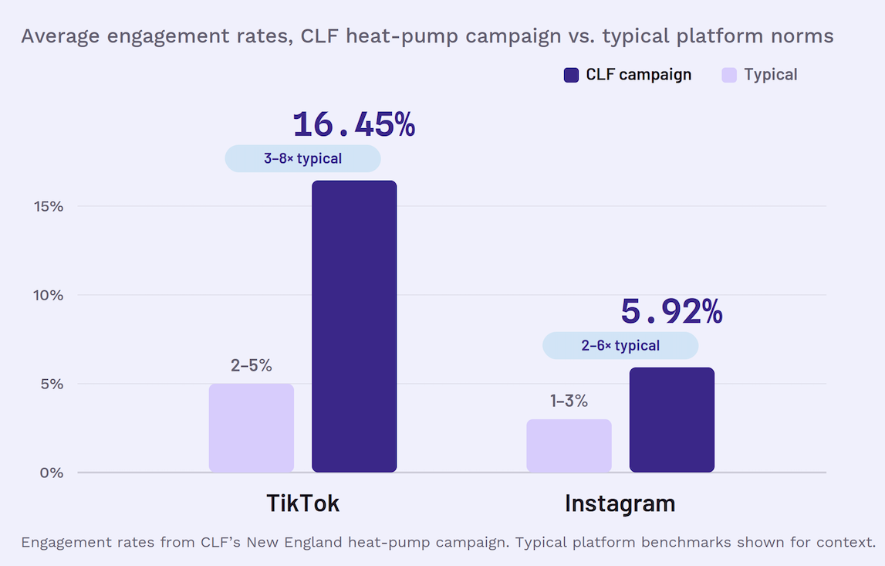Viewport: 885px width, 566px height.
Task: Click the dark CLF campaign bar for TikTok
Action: coord(354,327)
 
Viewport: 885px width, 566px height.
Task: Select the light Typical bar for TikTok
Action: coord(252,429)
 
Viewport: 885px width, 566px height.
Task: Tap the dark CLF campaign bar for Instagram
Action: coord(671,420)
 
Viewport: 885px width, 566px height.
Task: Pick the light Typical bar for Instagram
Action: coord(569,446)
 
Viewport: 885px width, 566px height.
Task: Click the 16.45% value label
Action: coord(354,124)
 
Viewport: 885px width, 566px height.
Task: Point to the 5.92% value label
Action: coord(671,311)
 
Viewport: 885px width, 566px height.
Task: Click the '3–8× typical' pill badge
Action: coord(302,159)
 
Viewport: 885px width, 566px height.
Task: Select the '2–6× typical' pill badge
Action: coord(620,346)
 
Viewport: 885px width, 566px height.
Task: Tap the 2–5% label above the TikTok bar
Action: coord(252,365)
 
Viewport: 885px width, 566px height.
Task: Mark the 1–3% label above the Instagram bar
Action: coord(569,401)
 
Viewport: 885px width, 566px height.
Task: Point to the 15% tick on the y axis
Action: coord(49,206)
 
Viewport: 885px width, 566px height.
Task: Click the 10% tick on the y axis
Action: coord(49,295)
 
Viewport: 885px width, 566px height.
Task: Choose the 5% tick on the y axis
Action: coord(52,384)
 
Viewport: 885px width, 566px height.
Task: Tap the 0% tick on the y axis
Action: coord(52,473)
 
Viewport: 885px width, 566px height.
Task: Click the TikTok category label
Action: coord(303,503)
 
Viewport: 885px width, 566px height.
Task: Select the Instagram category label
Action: coord(620,504)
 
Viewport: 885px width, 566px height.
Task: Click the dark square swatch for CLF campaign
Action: coord(571,75)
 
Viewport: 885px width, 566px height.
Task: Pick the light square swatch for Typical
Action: coord(729,75)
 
